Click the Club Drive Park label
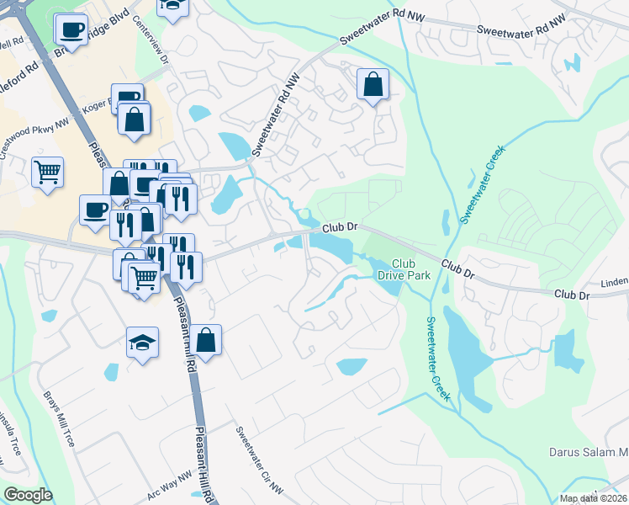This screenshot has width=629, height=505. pyautogui.click(x=410, y=268)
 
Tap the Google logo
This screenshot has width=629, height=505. pyautogui.click(x=29, y=495)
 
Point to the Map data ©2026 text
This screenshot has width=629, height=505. pyautogui.click(x=593, y=498)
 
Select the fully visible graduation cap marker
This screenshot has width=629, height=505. pyautogui.click(x=142, y=343)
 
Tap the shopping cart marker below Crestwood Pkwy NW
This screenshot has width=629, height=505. pyautogui.click(x=48, y=172)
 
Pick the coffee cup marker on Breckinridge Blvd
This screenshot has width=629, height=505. pyautogui.click(x=70, y=30)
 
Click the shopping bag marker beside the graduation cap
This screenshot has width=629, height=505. pyautogui.click(x=205, y=339)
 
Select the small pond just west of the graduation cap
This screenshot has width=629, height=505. pyautogui.click(x=112, y=371)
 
